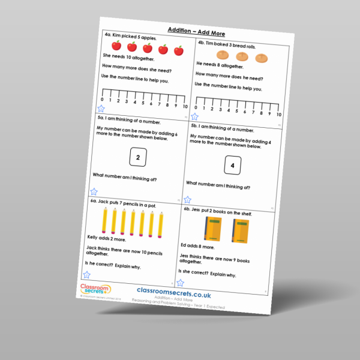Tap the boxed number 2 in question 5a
(138, 158)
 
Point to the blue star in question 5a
(94, 193)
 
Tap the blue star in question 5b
(187, 199)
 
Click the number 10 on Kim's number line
(185, 106)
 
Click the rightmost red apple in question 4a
(179, 51)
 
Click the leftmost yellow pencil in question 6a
(104, 220)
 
